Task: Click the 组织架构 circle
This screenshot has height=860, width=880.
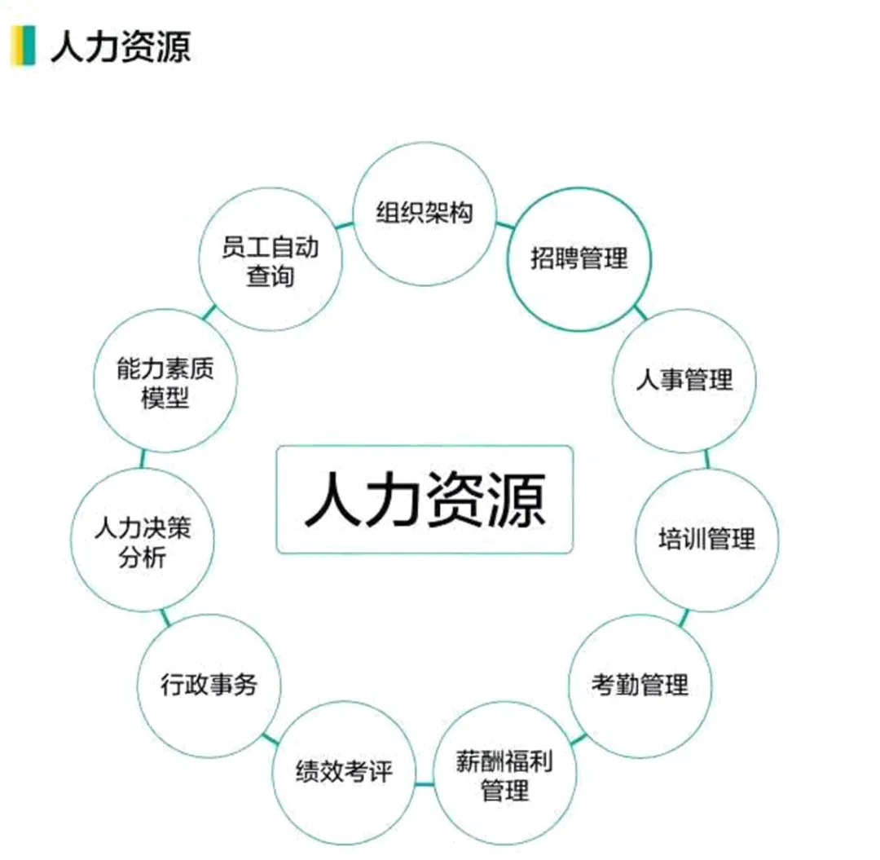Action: [424, 214]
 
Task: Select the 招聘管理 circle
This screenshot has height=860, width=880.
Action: [579, 259]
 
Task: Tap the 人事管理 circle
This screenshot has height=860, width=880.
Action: [684, 380]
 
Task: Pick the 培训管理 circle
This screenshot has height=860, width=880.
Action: [706, 539]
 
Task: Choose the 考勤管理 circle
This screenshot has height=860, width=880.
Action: [640, 685]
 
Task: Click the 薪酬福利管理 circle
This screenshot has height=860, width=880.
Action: [505, 775]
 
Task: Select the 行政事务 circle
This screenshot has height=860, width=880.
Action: [209, 685]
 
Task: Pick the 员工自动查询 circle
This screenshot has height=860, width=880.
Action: [270, 259]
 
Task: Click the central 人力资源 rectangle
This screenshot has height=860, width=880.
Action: [425, 499]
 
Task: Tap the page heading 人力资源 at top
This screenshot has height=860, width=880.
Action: [121, 46]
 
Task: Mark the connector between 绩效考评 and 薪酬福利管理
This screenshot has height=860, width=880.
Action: [424, 784]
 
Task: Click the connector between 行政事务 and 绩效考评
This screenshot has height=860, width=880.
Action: [268, 739]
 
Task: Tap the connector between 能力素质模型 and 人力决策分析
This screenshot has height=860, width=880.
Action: [143, 459]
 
